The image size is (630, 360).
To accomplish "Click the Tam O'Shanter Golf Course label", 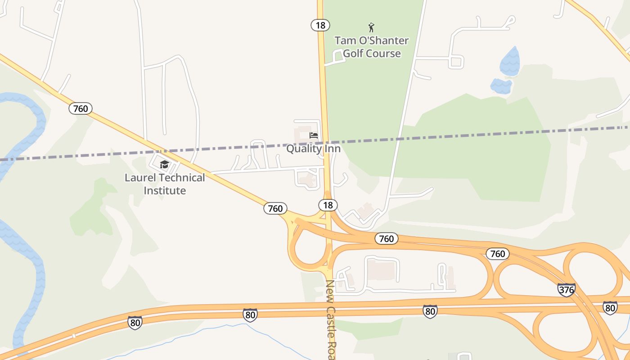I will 371,47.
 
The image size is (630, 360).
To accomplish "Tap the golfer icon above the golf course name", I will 371,27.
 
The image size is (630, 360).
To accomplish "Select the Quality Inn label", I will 313,148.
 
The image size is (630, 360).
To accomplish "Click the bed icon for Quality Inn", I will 314,135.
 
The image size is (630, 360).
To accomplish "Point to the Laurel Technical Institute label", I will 165,184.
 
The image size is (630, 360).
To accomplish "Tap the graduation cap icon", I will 164,165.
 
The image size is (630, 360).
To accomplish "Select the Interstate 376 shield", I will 566,289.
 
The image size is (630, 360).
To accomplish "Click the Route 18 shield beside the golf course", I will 320,25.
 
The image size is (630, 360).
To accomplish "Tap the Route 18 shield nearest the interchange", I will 328,205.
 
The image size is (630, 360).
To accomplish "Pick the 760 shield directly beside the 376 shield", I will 498,254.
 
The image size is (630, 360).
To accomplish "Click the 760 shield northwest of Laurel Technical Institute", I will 81,108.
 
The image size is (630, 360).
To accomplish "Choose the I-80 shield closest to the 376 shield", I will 610,308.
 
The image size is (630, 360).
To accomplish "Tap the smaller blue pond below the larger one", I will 501,85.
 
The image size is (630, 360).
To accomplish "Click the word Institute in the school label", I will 165,190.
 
